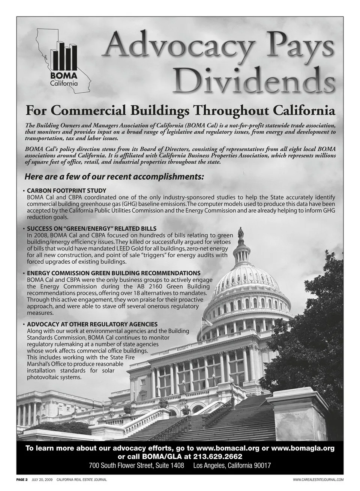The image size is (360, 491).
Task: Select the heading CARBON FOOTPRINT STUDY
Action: tap(66, 191)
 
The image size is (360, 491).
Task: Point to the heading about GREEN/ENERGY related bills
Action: tap(91, 228)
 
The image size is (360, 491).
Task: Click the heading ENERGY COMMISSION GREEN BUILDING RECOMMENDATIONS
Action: tap(114, 273)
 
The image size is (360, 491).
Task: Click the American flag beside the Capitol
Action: tap(206, 322)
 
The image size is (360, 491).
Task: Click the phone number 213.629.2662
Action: tap(218, 456)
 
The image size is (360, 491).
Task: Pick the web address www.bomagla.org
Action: tap(302, 448)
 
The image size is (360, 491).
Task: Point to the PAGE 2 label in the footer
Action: tap(22, 479)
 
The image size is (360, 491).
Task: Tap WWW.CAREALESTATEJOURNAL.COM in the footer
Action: tap(318, 479)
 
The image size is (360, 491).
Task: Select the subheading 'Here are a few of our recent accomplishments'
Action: tap(114, 176)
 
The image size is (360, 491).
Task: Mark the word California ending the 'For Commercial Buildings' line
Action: tap(304, 111)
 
